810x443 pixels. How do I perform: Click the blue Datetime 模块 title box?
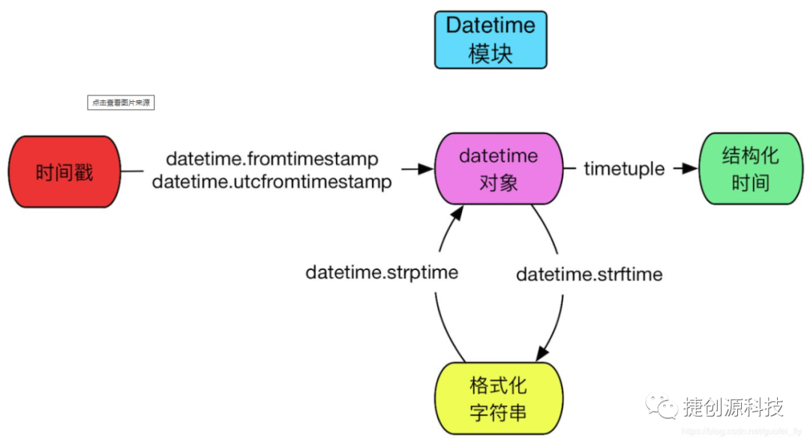491,40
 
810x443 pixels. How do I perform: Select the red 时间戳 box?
64,172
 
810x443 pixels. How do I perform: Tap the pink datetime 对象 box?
498,169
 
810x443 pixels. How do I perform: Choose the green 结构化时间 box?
750,169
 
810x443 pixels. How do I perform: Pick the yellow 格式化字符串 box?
499,398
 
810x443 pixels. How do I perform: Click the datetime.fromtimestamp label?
272,159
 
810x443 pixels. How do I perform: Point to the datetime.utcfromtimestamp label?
272,181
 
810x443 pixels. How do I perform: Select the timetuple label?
624,169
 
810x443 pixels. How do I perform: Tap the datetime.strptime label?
382,272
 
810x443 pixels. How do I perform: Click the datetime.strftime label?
589,274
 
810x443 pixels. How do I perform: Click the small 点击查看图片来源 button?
121,103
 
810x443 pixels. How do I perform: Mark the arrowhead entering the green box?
690,169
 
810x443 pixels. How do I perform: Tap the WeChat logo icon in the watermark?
661,406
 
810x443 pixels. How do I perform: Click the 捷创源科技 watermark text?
733,406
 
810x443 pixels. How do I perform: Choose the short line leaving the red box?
132,171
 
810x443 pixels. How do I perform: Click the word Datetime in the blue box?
491,25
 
